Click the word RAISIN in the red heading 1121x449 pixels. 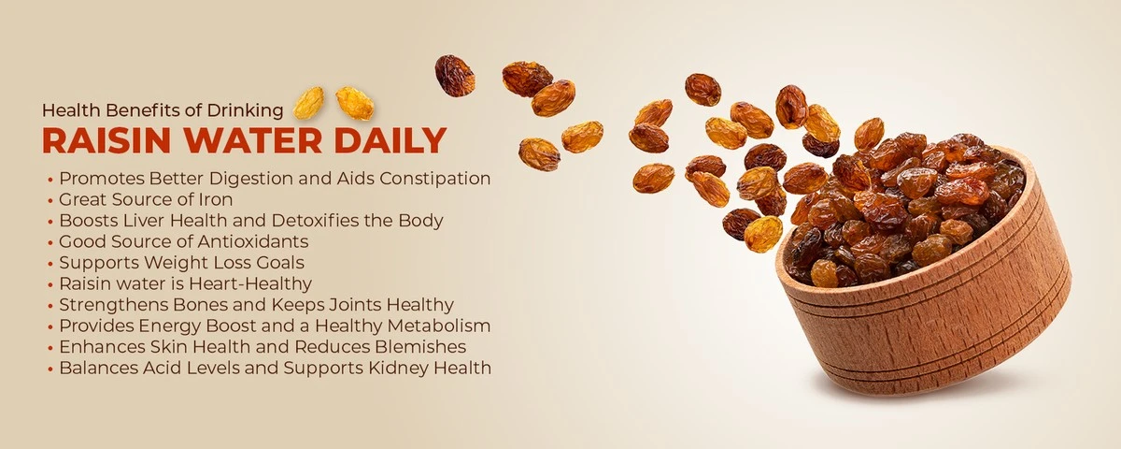(x=106, y=140)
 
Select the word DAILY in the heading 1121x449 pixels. (x=390, y=140)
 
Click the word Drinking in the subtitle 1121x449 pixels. (x=245, y=110)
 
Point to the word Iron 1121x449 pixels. (x=215, y=199)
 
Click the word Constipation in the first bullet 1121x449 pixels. (x=435, y=179)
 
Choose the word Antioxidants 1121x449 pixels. (x=253, y=241)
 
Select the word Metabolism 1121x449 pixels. (x=439, y=326)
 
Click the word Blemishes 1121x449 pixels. (x=420, y=347)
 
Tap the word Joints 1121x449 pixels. (x=355, y=305)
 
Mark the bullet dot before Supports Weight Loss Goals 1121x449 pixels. (x=50, y=264)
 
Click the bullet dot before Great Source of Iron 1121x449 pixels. (x=50, y=201)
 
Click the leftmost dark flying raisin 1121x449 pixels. (x=455, y=76)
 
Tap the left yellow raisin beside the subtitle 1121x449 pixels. (x=308, y=103)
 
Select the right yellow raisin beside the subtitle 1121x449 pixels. (x=354, y=103)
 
